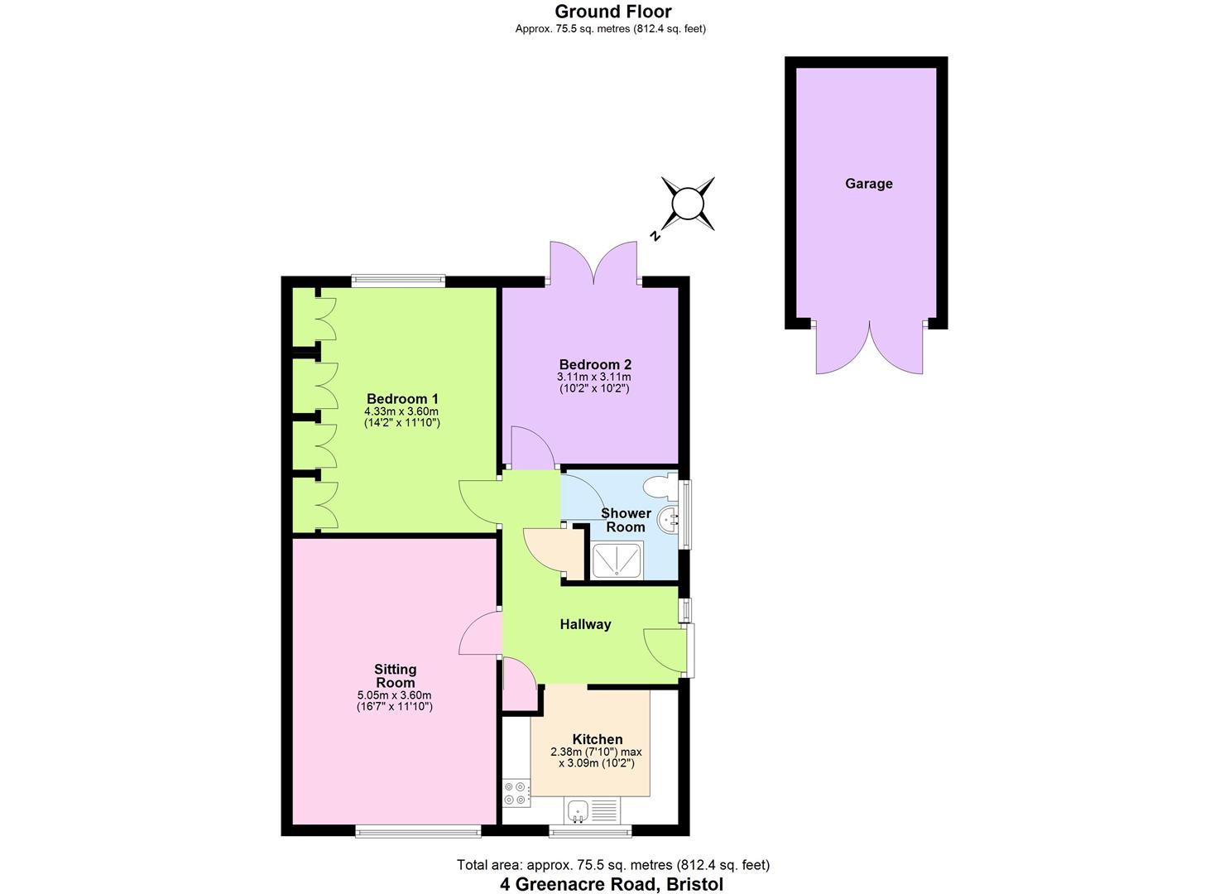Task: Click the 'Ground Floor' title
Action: [613, 12]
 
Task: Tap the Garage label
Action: [868, 183]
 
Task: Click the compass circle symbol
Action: [688, 204]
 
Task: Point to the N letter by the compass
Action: [654, 236]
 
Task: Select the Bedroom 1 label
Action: [402, 398]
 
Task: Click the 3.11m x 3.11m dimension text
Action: [593, 377]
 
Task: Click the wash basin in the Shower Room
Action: [668, 519]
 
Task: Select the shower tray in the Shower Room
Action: [617, 560]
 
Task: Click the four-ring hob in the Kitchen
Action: [516, 793]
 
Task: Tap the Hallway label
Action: [585, 624]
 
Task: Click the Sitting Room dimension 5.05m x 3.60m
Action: [395, 695]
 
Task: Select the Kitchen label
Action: [598, 738]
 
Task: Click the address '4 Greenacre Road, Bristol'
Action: [612, 884]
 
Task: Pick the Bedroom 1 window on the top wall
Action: [398, 281]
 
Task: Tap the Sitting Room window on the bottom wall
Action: [418, 832]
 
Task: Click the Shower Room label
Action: [626, 520]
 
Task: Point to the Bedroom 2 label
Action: [595, 364]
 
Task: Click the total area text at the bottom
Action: [613, 865]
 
